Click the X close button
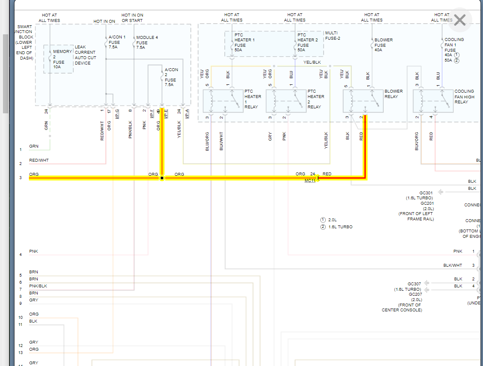point(460,20)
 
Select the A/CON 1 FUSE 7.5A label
point(117,42)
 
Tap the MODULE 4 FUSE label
point(147,42)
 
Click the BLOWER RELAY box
point(363,100)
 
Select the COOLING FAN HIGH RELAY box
point(433,100)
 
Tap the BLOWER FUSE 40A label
point(383,45)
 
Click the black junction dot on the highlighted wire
point(162,178)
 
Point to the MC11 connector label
point(310,181)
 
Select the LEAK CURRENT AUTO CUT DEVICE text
point(85,55)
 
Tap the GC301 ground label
point(426,193)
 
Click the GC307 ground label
point(414,284)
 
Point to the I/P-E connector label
point(166,113)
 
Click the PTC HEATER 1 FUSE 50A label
point(245,42)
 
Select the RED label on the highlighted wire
point(327,174)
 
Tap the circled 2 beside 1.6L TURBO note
point(323,227)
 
